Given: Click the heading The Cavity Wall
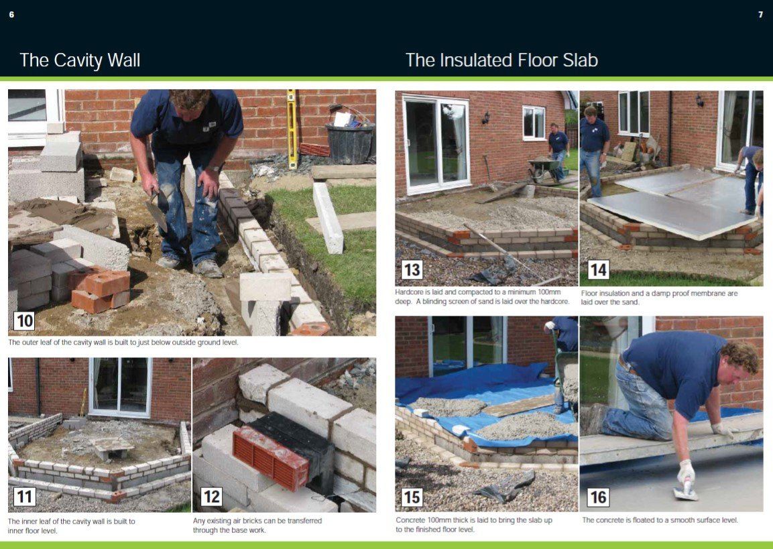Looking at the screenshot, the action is [x=80, y=60].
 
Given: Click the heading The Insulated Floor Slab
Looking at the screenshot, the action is [x=501, y=60].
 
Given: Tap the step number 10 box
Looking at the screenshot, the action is [x=24, y=321].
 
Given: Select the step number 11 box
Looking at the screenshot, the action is [x=24, y=496].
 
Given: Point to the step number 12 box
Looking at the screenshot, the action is [x=211, y=496].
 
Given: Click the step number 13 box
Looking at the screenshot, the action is [x=412, y=269].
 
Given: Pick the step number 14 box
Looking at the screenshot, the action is [x=598, y=269].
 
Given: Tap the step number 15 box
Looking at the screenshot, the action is [x=412, y=497].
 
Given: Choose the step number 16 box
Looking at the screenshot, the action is [x=598, y=497].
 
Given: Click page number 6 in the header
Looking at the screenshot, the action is [x=11, y=15].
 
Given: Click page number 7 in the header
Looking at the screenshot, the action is [x=760, y=15].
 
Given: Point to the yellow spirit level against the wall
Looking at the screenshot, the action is [x=292, y=129].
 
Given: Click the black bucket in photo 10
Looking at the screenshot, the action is [x=350, y=141].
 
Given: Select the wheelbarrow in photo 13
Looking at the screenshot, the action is [x=544, y=168].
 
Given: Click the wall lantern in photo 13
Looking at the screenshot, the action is [x=486, y=117].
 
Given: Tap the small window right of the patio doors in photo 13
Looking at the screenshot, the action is [x=534, y=122].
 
